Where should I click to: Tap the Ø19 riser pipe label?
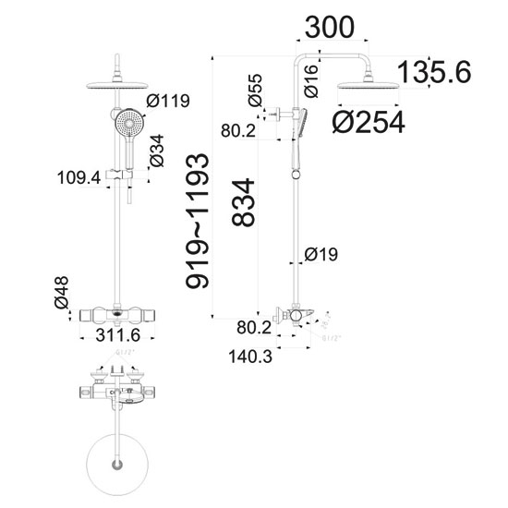323,254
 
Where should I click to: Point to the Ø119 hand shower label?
169,101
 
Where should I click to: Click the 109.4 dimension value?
80,178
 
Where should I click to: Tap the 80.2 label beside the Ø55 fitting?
238,132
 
